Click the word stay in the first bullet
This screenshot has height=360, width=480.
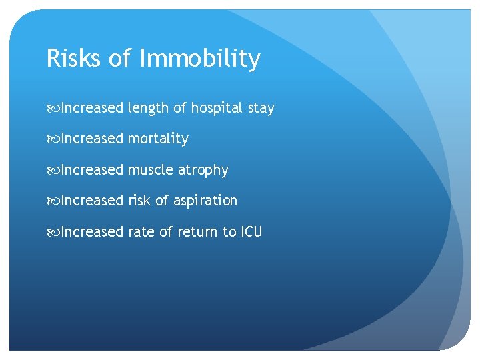click(261, 109)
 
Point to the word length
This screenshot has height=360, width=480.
click(149, 108)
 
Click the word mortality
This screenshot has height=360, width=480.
click(158, 139)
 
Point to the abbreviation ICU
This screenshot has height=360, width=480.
click(251, 231)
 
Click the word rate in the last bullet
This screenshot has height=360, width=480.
click(140, 231)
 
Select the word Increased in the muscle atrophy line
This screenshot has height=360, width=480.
click(92, 170)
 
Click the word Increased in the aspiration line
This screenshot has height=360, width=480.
click(92, 201)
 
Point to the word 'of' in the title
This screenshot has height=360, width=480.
click(120, 59)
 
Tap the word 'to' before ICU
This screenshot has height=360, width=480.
click(229, 231)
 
